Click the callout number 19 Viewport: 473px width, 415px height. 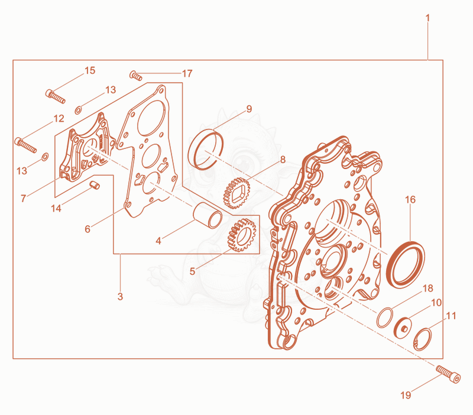point(406,395)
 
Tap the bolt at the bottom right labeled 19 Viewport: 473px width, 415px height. point(448,374)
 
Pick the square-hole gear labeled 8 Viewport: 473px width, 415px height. point(237,193)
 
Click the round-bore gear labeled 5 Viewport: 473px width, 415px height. point(242,235)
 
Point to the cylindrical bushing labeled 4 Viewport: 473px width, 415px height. point(208,215)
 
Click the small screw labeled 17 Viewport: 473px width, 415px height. point(136,75)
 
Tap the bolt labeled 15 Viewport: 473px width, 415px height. point(56,96)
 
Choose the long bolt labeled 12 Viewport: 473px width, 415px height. point(25,145)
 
